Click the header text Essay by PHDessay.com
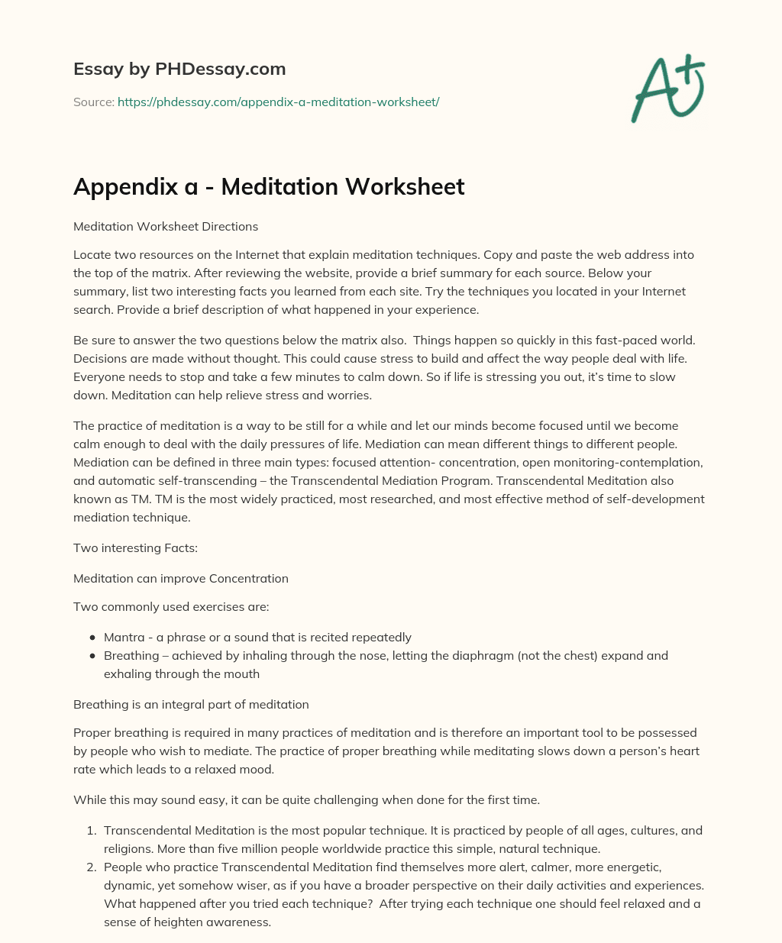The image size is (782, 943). [179, 69]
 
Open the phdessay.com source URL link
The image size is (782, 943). [278, 102]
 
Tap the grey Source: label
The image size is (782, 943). [94, 102]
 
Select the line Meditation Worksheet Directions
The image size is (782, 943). [166, 227]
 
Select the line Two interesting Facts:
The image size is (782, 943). [135, 548]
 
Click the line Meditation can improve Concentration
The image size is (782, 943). [181, 579]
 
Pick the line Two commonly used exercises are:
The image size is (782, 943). [171, 607]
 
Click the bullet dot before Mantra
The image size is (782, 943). [92, 638]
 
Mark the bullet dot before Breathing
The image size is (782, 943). [92, 656]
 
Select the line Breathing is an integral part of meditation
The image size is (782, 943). [191, 705]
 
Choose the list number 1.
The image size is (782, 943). [91, 831]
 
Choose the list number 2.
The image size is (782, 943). [91, 867]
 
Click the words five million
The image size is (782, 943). [309, 848]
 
